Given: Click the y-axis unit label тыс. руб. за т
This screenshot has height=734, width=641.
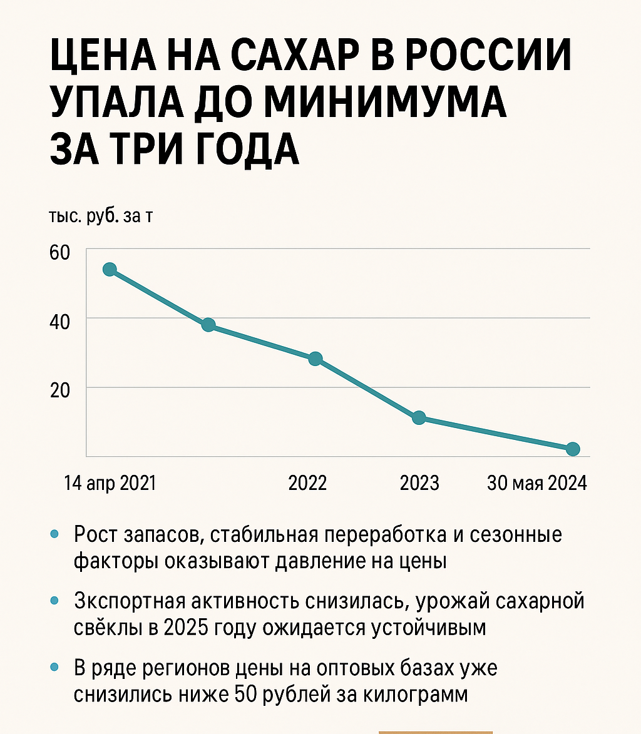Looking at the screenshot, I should pos(100,217).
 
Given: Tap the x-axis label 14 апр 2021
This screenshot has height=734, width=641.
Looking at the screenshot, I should pos(110,484).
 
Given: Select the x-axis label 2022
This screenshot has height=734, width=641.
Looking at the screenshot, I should pos(307,484).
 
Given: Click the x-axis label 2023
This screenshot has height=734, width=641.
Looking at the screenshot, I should pos(419,484).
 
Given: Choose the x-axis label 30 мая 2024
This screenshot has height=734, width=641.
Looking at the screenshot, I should pos(537,484).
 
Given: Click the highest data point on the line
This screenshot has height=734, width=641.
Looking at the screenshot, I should pos(110,270).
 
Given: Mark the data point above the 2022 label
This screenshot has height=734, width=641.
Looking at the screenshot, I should pos(315,359).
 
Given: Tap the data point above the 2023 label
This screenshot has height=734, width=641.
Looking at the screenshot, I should pos(419,417).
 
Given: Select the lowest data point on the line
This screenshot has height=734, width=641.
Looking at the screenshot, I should pos(572,449).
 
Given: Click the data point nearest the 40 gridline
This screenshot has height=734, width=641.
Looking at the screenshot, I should pos(208,325).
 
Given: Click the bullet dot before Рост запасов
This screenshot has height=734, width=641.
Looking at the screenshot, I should pos(54,534).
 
